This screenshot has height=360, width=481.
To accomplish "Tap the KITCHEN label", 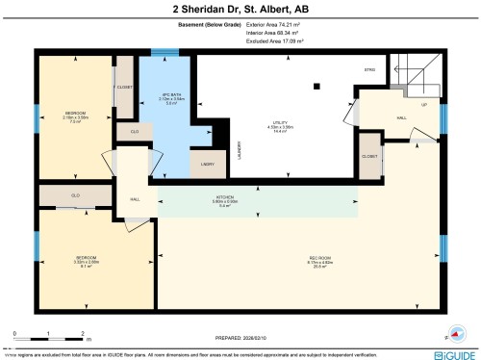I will [224, 200].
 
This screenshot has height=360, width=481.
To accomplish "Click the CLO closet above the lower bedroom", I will [75, 196].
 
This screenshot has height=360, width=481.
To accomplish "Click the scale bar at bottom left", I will [49, 333].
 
